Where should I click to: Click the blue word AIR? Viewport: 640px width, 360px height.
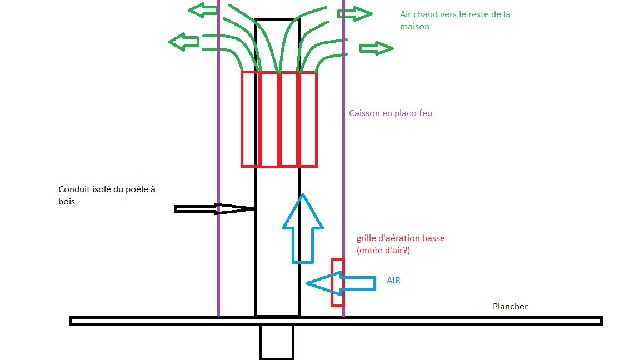(x=393, y=281)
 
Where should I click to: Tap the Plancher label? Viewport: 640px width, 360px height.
(x=510, y=307)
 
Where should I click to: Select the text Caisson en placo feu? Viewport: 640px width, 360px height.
(x=390, y=113)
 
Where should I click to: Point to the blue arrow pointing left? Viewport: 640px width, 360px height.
(x=340, y=283)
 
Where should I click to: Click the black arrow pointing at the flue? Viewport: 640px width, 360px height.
(x=214, y=209)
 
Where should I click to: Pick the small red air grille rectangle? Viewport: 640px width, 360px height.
(x=337, y=282)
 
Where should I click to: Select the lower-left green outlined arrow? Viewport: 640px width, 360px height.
(x=184, y=41)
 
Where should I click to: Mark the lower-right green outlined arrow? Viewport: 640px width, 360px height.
(x=376, y=49)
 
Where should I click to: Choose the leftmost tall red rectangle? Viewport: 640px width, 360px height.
(x=249, y=119)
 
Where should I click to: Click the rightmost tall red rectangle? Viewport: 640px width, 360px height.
(x=308, y=119)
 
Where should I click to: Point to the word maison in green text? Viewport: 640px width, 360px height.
(x=414, y=26)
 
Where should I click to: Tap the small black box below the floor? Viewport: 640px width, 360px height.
(x=276, y=342)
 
